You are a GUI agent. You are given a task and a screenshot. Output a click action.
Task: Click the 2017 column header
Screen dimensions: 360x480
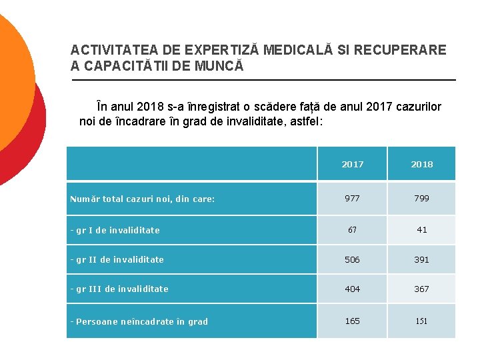click(352, 164)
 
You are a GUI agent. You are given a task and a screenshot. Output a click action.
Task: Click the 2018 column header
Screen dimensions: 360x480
click(421, 164)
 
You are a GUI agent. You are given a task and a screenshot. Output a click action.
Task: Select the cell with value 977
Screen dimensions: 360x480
click(352, 198)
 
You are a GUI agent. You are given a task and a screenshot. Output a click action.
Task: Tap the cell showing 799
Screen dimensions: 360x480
click(421, 198)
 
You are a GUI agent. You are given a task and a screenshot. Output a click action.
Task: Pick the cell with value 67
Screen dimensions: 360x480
click(352, 229)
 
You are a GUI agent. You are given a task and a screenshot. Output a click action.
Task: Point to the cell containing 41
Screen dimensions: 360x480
click(421, 229)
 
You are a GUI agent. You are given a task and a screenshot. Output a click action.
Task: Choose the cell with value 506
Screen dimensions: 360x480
click(352, 259)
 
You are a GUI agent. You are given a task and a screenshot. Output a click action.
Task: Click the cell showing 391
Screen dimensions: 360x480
click(421, 259)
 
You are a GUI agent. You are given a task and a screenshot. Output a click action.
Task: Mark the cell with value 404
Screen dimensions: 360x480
click(352, 289)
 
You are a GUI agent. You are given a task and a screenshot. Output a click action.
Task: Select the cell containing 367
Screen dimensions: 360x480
click(421, 289)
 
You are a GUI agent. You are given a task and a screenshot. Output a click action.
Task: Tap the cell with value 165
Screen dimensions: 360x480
click(352, 321)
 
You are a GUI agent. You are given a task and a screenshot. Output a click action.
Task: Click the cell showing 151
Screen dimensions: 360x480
click(421, 321)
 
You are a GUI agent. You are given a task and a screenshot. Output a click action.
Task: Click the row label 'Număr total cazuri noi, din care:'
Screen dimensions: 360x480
click(143, 199)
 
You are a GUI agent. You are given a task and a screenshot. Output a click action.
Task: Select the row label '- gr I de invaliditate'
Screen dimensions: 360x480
click(115, 230)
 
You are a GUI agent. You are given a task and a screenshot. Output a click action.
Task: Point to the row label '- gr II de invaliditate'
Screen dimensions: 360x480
click(117, 259)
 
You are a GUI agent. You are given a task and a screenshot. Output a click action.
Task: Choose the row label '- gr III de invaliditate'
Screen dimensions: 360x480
click(119, 289)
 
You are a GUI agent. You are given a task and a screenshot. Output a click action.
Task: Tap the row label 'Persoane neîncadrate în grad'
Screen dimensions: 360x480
click(141, 321)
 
